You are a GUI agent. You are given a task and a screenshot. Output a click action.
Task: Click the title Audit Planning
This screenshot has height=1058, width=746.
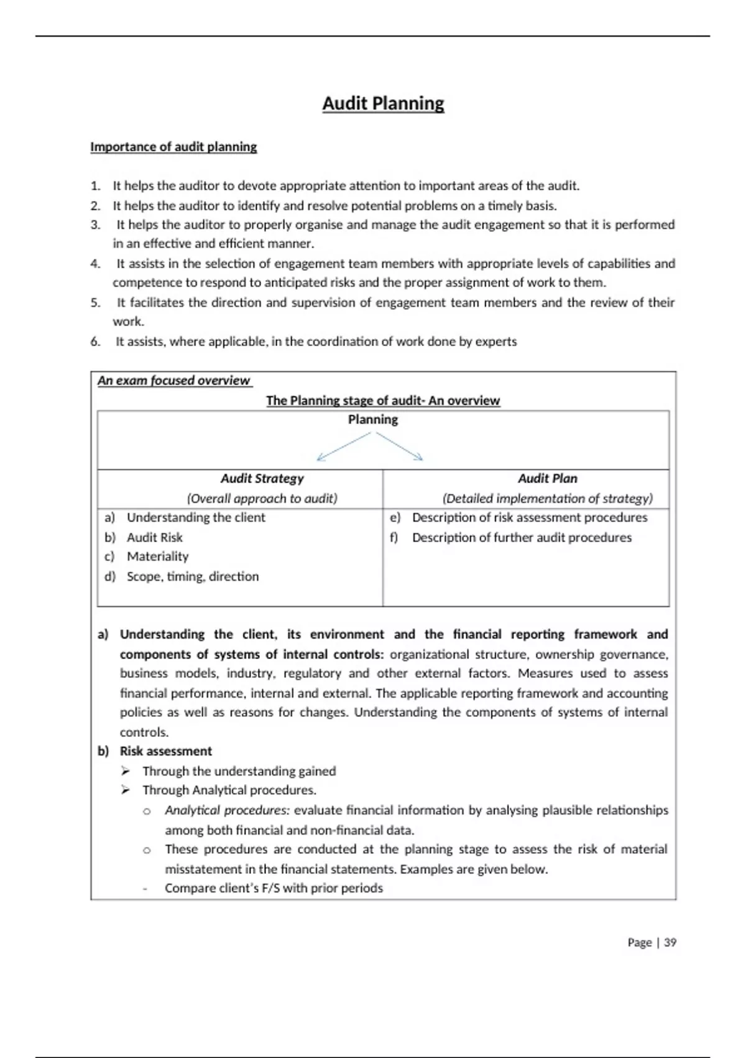(x=383, y=103)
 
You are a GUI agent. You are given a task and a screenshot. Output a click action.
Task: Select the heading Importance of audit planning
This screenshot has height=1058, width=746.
(x=173, y=147)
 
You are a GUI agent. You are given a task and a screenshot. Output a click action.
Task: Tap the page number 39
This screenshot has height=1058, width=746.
(x=670, y=942)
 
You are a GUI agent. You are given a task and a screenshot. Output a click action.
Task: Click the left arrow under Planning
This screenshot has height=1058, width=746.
(x=344, y=447)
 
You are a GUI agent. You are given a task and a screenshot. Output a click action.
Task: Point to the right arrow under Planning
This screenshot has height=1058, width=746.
(x=400, y=447)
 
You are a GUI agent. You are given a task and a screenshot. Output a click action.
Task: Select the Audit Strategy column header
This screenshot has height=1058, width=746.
(x=262, y=479)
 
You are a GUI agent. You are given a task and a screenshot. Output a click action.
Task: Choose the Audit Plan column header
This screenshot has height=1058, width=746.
(x=547, y=479)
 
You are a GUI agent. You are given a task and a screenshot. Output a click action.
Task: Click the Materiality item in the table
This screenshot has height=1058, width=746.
(x=157, y=556)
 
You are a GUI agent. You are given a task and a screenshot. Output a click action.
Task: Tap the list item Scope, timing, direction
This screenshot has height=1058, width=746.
(x=193, y=576)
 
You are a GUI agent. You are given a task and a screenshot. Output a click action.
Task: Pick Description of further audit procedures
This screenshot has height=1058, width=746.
(x=522, y=537)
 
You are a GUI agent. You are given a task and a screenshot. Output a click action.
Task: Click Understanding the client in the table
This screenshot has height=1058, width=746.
(x=196, y=518)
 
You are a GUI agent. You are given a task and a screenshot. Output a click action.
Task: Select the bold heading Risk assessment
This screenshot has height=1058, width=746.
(x=165, y=751)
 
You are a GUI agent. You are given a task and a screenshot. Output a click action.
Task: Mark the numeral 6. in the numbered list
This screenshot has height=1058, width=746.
(x=95, y=342)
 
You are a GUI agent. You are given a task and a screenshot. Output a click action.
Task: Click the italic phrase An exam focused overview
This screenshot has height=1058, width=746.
(x=173, y=381)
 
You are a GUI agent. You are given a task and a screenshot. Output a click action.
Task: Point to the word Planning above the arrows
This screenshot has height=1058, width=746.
(x=372, y=420)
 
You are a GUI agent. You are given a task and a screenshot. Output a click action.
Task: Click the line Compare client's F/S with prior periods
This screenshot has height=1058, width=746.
(x=274, y=888)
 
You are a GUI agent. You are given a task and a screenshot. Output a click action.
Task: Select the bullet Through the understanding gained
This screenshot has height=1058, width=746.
(x=239, y=771)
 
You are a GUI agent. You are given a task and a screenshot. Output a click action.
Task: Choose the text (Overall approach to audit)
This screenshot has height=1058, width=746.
(x=262, y=499)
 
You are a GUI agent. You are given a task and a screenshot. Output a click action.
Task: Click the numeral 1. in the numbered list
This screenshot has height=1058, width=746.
(x=95, y=186)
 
